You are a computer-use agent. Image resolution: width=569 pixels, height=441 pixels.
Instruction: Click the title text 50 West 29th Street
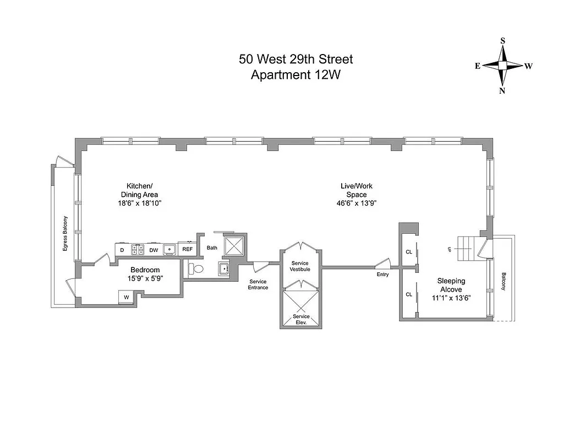[296, 59]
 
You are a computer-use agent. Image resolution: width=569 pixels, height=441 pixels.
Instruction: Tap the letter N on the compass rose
[502, 91]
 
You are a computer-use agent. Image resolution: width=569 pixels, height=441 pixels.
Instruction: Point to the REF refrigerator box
[188, 250]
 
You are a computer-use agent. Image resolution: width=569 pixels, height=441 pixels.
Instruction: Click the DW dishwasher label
[154, 250]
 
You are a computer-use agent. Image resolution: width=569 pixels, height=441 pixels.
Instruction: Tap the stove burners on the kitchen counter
[138, 249]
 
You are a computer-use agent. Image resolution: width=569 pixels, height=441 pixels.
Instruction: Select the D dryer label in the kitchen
[122, 250]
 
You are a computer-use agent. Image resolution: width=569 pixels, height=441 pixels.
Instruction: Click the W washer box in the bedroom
[126, 297]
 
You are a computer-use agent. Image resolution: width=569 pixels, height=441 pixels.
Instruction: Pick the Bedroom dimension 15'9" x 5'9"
[145, 279]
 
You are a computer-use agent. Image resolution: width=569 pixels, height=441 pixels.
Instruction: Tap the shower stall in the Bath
[234, 246]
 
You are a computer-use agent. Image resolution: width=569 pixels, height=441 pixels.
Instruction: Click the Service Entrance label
[258, 284]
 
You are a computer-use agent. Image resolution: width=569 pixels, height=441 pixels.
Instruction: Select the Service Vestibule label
[300, 266]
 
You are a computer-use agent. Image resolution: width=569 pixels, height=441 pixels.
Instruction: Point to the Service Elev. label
[300, 319]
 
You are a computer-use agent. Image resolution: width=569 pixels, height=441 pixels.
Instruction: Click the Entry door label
[383, 274]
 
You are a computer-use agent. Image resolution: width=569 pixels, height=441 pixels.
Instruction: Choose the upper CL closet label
[408, 251]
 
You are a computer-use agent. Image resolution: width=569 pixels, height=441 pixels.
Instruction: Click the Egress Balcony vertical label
[64, 233]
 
